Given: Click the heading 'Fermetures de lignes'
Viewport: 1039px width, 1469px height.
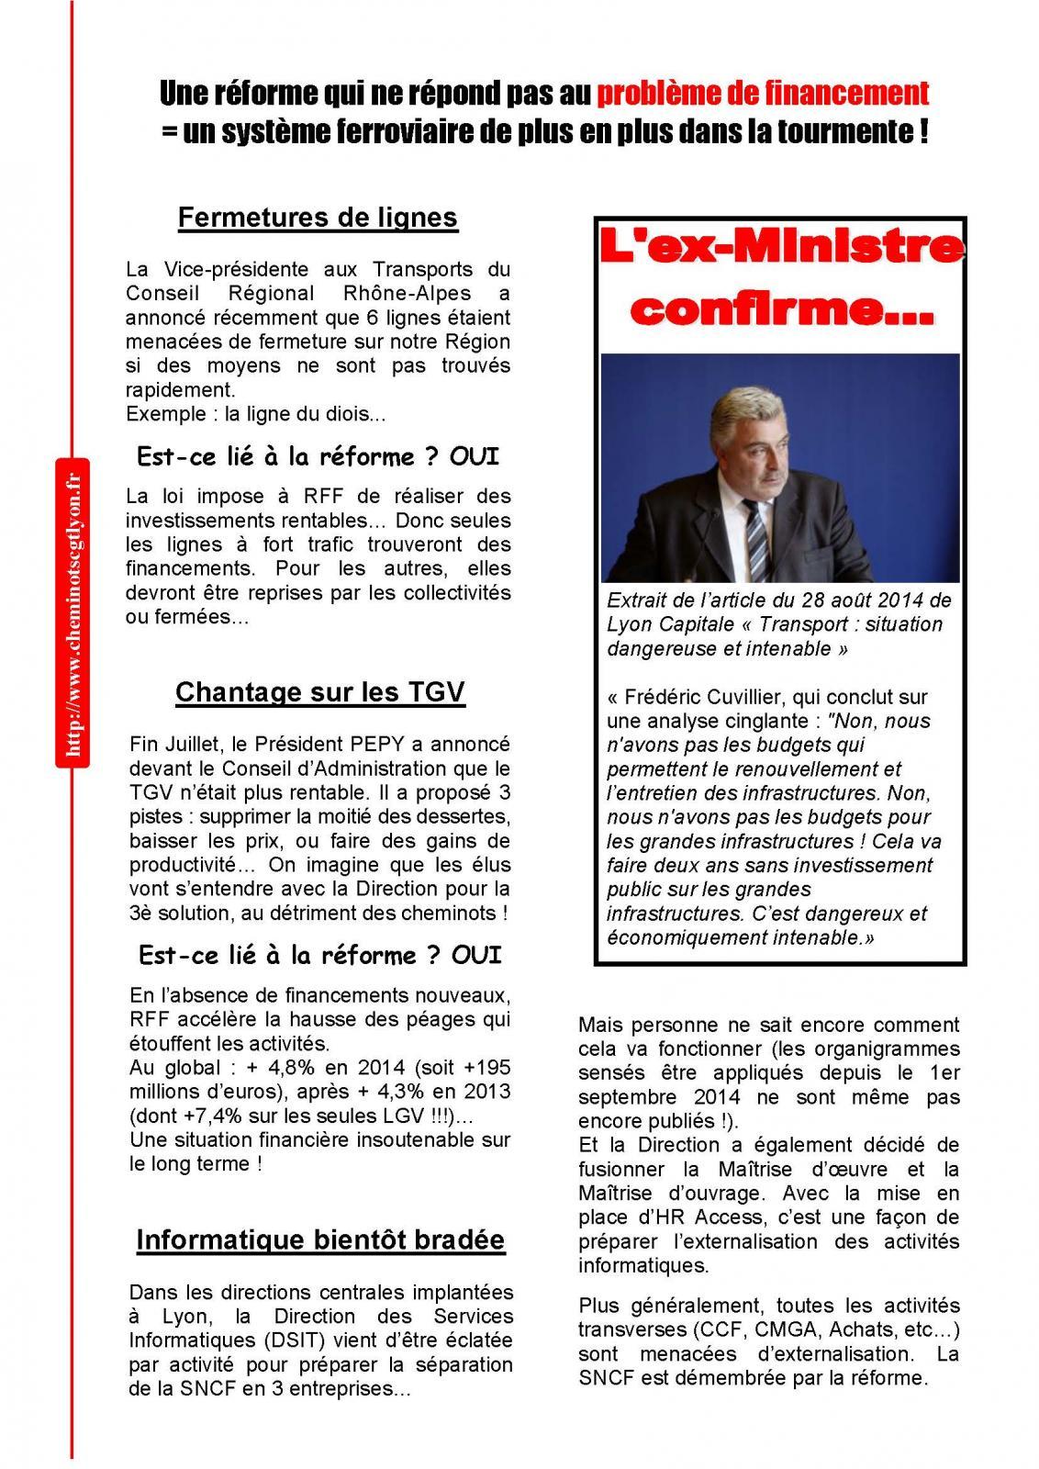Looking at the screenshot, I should point(317,219).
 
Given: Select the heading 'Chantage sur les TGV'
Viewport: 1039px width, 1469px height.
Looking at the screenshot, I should point(319,691).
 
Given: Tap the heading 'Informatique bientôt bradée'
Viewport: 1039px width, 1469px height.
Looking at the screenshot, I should point(320,1240).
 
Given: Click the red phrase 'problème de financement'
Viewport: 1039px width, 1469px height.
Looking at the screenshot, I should point(762,94).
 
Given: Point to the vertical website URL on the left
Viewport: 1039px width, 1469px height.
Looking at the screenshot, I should point(73,609).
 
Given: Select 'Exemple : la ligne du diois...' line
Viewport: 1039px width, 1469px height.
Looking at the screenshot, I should point(256,414).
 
